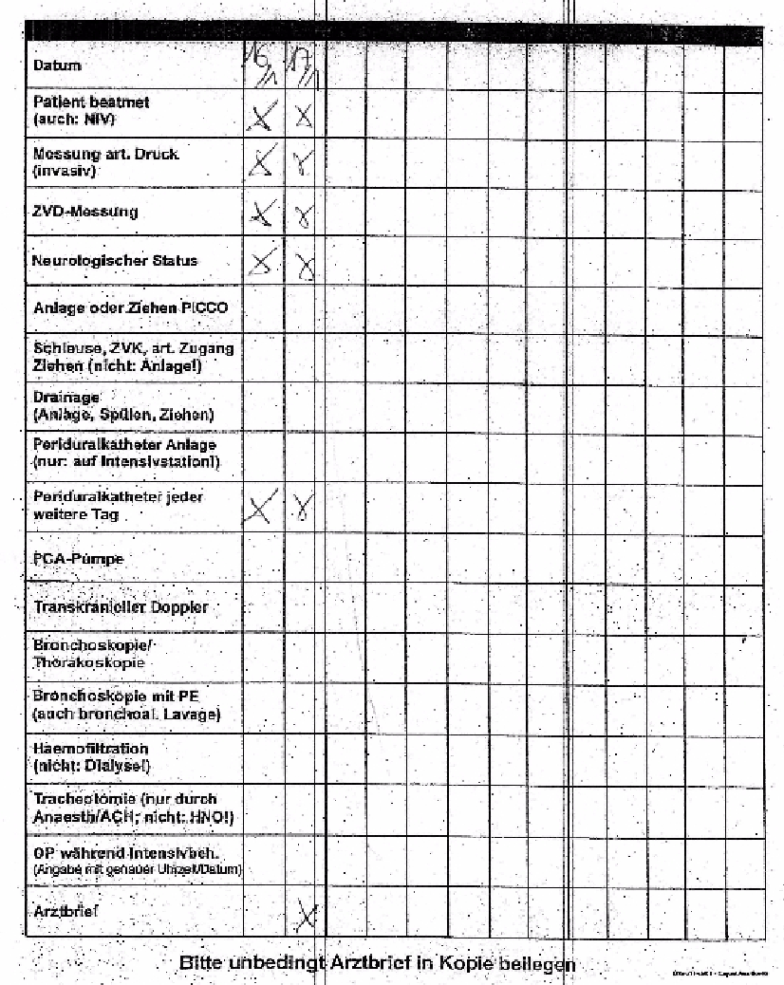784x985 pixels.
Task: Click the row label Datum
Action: (x=57, y=65)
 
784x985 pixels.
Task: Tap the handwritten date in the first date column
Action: (x=256, y=65)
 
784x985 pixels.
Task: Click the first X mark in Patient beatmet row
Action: (x=258, y=117)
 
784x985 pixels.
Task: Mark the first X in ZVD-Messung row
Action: (x=258, y=214)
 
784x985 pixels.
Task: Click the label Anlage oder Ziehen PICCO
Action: (x=130, y=308)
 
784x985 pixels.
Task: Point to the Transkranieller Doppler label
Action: (x=121, y=607)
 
